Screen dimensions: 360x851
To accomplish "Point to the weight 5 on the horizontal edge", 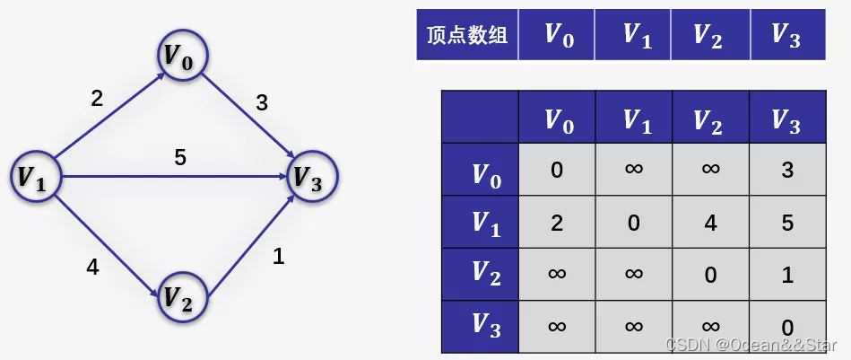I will pyautogui.click(x=180, y=158).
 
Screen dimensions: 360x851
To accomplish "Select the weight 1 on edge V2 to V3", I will pyautogui.click(x=278, y=257).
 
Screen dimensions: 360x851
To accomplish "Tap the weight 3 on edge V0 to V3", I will pyautogui.click(x=262, y=103).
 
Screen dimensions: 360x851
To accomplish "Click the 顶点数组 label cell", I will pyautogui.click(x=467, y=35).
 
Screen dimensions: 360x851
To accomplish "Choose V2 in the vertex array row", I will pyautogui.click(x=709, y=35).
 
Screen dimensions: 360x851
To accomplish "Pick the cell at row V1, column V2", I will pyautogui.click(x=710, y=222).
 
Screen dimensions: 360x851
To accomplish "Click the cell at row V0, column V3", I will pyautogui.click(x=786, y=170).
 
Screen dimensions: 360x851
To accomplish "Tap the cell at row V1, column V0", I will pyautogui.click(x=557, y=222).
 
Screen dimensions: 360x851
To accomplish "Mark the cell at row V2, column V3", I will pyautogui.click(x=786, y=274).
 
